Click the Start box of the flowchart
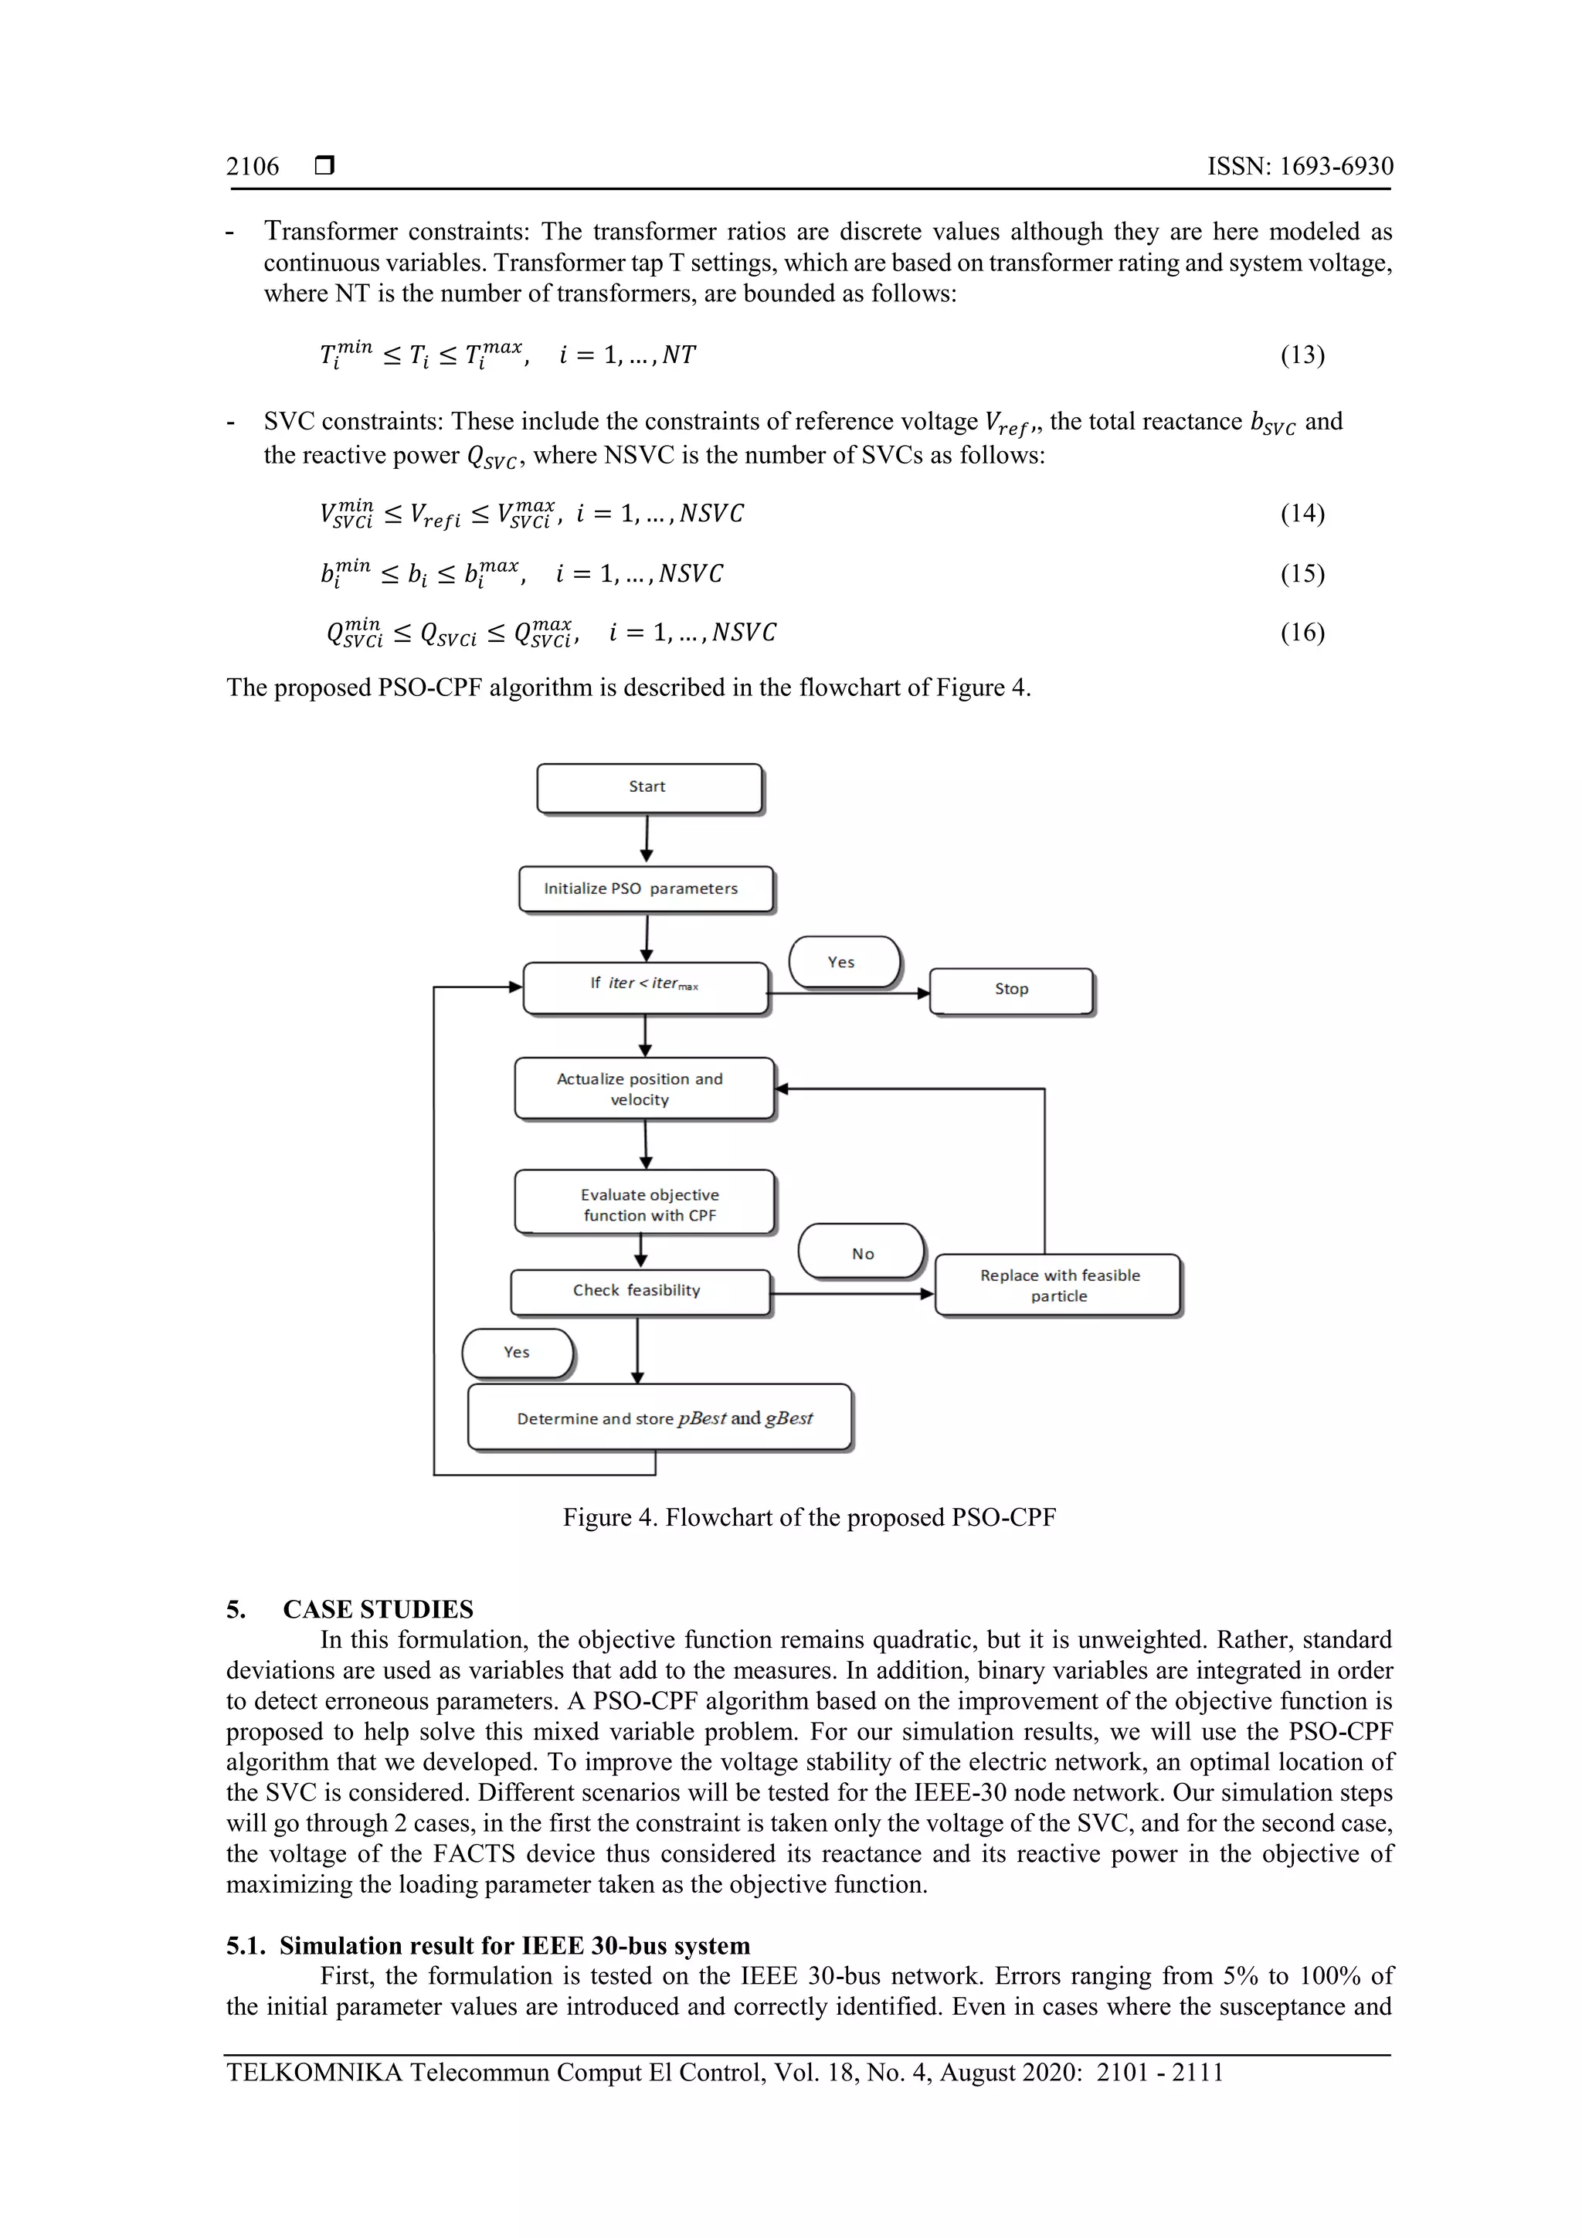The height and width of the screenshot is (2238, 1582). pyautogui.click(x=649, y=788)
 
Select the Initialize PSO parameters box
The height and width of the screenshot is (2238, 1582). pyautogui.click(x=645, y=889)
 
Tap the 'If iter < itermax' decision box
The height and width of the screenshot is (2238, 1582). pyautogui.click(x=645, y=987)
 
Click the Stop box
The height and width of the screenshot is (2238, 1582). pyautogui.click(x=1012, y=990)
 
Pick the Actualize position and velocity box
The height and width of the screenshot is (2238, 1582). pyautogui.click(x=644, y=1088)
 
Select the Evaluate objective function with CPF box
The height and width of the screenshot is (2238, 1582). pyautogui.click(x=644, y=1203)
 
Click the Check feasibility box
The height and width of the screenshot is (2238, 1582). pyautogui.click(x=640, y=1292)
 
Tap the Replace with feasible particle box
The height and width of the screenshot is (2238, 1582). pyautogui.click(x=1057, y=1285)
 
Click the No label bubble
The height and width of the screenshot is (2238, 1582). pyautogui.click(x=861, y=1252)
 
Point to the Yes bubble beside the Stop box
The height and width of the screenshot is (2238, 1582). pyautogui.click(x=844, y=962)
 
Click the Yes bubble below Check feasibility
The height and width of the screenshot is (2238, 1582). pyautogui.click(x=518, y=1353)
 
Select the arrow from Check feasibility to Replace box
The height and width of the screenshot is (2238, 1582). pyautogui.click(x=852, y=1295)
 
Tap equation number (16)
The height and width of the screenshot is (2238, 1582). pyautogui.click(x=1302, y=633)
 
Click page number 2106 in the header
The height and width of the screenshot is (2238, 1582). pyautogui.click(x=253, y=167)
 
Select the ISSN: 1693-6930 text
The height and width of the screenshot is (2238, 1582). pyautogui.click(x=1299, y=167)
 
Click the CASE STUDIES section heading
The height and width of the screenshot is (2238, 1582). pyautogui.click(x=379, y=1609)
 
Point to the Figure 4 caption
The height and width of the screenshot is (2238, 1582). pyautogui.click(x=809, y=1518)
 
